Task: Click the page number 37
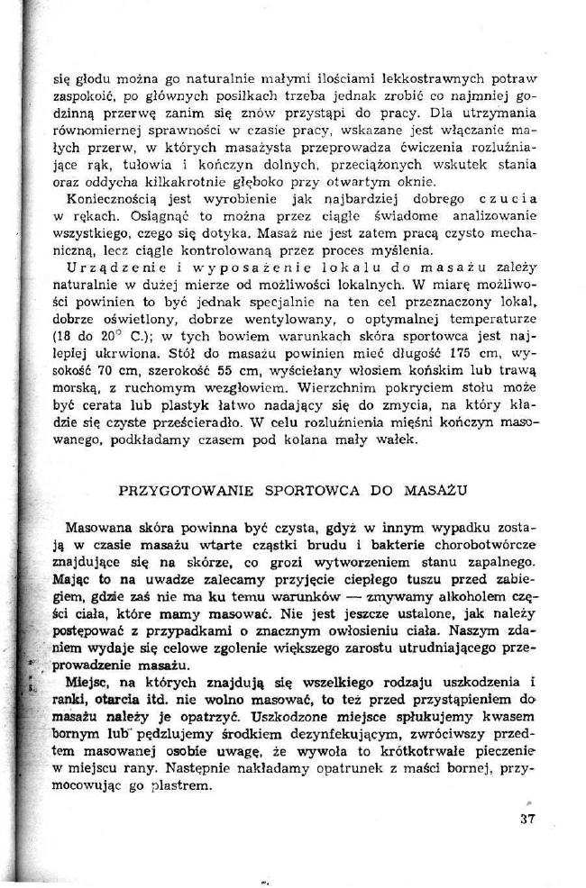tap(527, 819)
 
